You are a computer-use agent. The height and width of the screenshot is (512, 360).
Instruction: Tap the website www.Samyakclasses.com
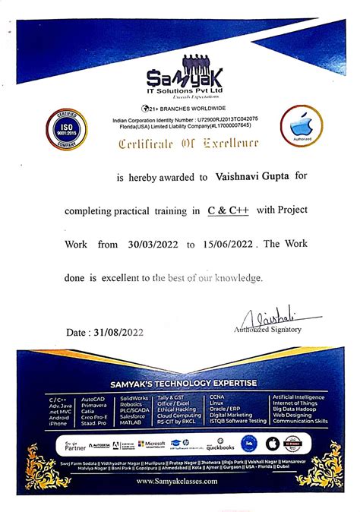[180, 481]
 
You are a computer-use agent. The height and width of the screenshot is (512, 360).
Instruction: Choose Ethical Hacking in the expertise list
[178, 409]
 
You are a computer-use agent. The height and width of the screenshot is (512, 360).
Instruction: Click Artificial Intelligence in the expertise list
[299, 397]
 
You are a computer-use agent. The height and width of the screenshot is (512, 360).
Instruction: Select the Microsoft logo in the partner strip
[152, 444]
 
